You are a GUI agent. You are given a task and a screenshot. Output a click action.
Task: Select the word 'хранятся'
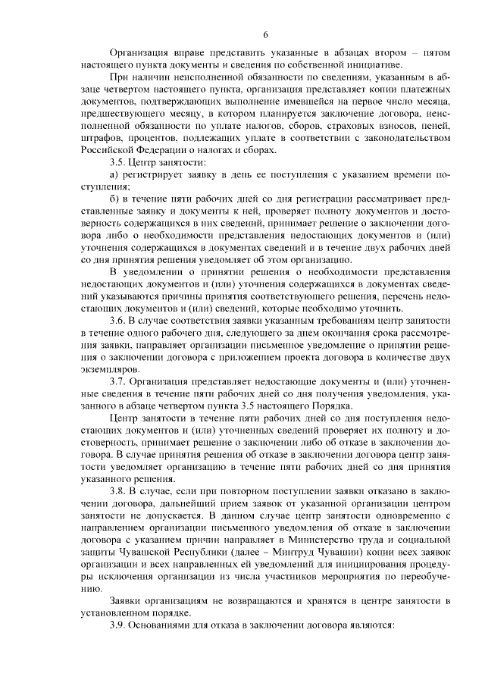coord(323,600)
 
